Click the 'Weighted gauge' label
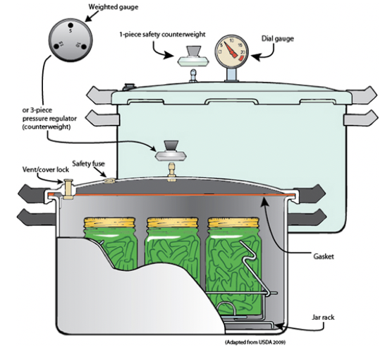click(114, 7)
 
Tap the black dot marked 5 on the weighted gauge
click(71, 25)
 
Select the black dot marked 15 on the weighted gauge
click(56, 47)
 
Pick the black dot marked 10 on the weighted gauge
click(84, 47)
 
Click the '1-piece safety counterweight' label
click(162, 35)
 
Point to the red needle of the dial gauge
click(231, 49)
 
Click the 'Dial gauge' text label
click(278, 39)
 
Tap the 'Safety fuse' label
click(88, 164)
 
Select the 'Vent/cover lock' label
click(46, 169)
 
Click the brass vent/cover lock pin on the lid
click(68, 188)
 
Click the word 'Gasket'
click(323, 257)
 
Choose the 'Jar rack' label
click(323, 318)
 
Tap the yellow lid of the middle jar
click(172, 222)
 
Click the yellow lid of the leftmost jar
click(110, 222)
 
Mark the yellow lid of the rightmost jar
click(233, 222)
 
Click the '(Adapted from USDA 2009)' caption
click(255, 342)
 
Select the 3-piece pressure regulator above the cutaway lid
click(171, 151)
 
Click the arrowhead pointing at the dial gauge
click(255, 57)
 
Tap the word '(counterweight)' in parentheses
click(47, 127)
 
